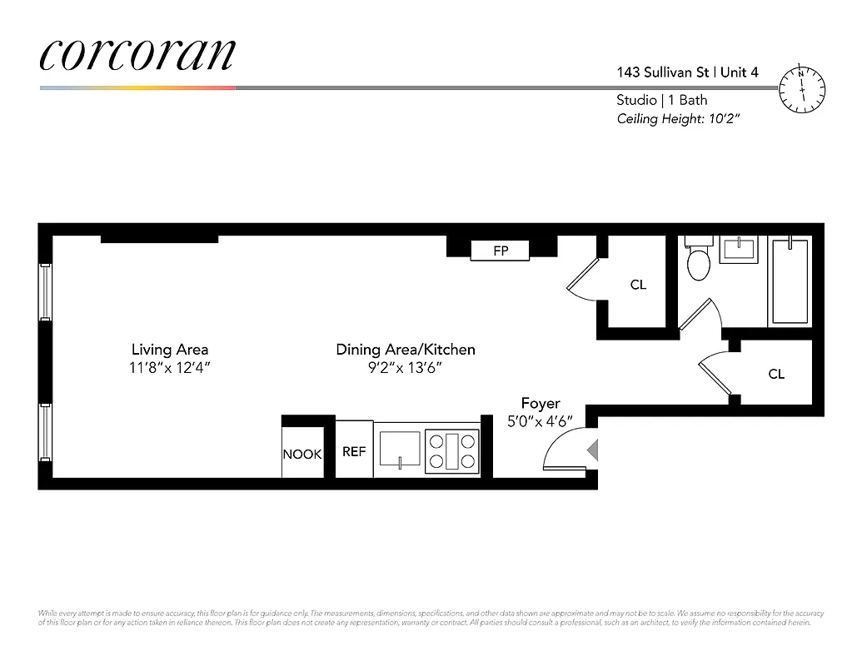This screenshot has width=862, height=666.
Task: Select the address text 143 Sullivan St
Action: pos(663,72)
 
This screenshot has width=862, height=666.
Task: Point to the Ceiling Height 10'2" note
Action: pos(678,119)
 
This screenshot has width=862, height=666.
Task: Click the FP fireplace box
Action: pos(501,250)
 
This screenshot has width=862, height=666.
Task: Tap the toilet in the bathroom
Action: pos(698,261)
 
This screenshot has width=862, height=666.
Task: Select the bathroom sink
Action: pos(739,249)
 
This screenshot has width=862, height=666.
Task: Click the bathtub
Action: pos(790,281)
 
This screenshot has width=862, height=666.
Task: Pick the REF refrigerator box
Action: pos(354,451)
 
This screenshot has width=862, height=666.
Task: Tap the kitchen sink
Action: pos(401,449)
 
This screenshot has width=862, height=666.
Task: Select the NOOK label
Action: pos(302,455)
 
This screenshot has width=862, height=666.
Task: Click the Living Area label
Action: pos(170,350)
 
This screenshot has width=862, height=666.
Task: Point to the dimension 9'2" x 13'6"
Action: pos(405,367)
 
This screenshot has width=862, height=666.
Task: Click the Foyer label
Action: pos(541,404)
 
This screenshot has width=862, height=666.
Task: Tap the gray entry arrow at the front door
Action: pos(592,450)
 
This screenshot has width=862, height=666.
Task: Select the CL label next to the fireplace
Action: pos(638,285)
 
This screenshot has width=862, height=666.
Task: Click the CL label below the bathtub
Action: pos(776,375)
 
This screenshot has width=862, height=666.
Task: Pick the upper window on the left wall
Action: pos(45,291)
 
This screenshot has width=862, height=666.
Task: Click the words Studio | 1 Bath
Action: pos(662,100)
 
